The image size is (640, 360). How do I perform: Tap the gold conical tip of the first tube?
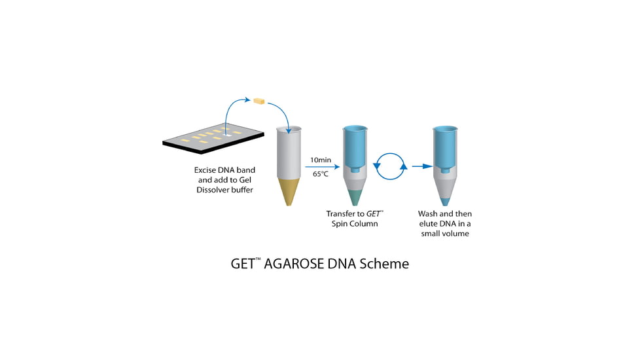(x=289, y=190)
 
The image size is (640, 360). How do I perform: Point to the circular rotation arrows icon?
(x=390, y=167)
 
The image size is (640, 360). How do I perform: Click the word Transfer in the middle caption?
(x=342, y=214)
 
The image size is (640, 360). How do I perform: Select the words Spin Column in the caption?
(x=354, y=224)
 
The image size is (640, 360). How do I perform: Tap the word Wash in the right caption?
(x=428, y=214)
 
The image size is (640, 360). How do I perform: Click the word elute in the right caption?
(x=430, y=224)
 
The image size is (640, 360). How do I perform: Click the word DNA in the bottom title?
(x=340, y=264)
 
